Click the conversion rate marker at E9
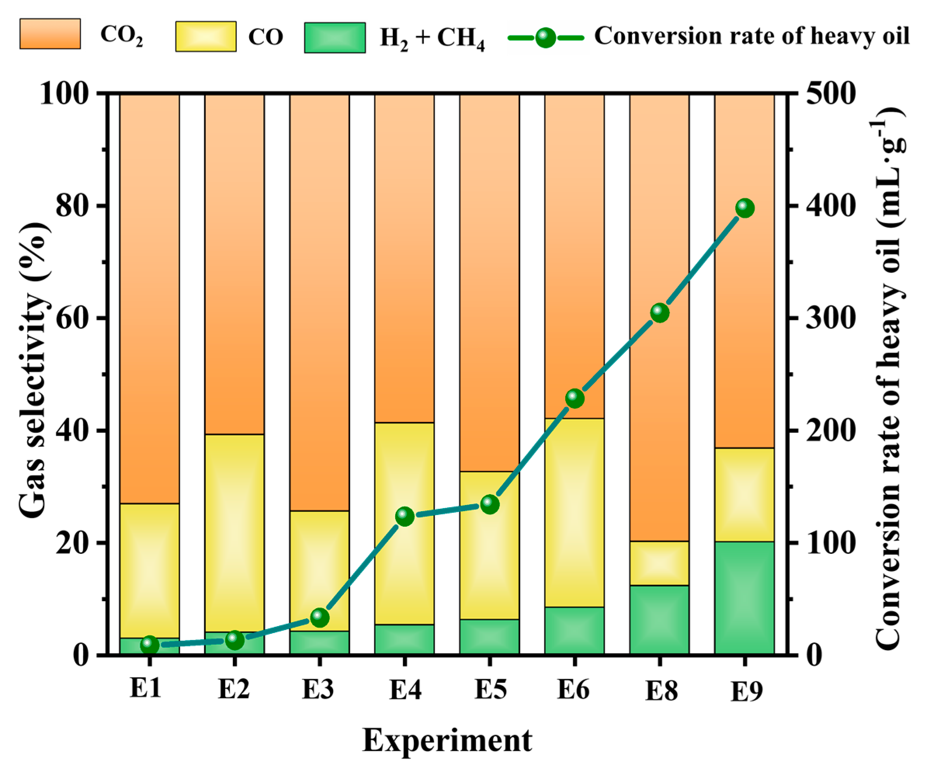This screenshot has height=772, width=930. (744, 208)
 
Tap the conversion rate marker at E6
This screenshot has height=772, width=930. (574, 399)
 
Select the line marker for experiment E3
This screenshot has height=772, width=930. (319, 618)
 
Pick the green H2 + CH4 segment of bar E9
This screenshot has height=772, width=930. (744, 598)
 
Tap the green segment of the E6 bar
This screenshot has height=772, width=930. (574, 631)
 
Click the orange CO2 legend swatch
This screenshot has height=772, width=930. (50, 34)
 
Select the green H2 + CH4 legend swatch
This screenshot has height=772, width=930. (335, 38)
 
